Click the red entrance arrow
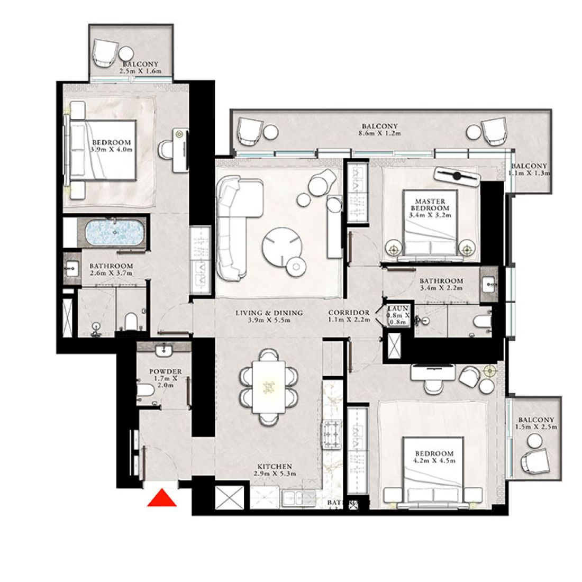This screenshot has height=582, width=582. coord(162,499)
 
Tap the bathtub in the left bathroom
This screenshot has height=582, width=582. coord(114,233)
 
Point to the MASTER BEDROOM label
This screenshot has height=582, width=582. coord(430,205)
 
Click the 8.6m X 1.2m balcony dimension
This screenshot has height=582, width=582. coord(379,134)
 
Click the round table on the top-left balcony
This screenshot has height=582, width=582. coord(126,53)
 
